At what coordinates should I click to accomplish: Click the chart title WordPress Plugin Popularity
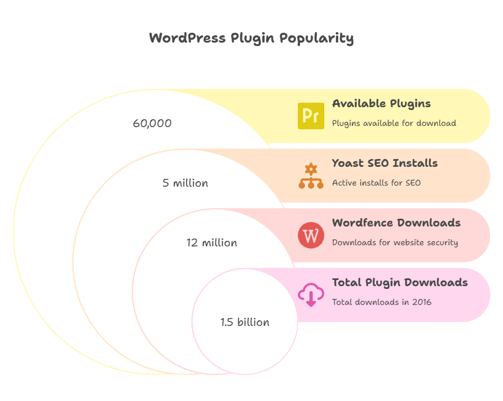tap(251, 38)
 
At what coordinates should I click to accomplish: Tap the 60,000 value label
tap(152, 123)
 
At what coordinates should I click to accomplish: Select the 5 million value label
tap(185, 183)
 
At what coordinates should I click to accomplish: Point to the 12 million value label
tap(212, 242)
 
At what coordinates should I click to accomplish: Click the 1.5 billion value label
tap(245, 322)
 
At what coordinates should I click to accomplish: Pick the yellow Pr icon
tap(311, 116)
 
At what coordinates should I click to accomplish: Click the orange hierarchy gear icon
tap(311, 176)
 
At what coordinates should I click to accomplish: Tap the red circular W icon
tap(311, 235)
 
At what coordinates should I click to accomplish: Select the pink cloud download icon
tap(311, 294)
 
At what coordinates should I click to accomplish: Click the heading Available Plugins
tap(381, 103)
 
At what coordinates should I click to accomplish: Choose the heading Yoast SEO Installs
tap(384, 163)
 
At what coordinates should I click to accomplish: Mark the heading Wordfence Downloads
tap(396, 223)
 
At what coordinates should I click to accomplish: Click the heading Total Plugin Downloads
tap(399, 282)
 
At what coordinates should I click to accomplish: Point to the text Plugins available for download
tap(394, 123)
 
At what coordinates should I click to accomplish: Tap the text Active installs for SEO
tap(376, 183)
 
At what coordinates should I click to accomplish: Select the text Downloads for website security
tap(395, 242)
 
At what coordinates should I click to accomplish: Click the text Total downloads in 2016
tap(382, 302)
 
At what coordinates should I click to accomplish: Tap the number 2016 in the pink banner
tap(421, 302)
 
